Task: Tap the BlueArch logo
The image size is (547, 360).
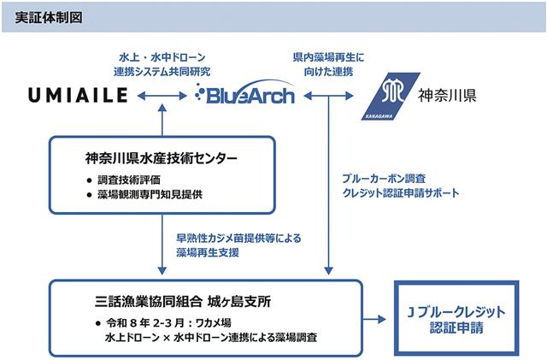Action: (x=244, y=92)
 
